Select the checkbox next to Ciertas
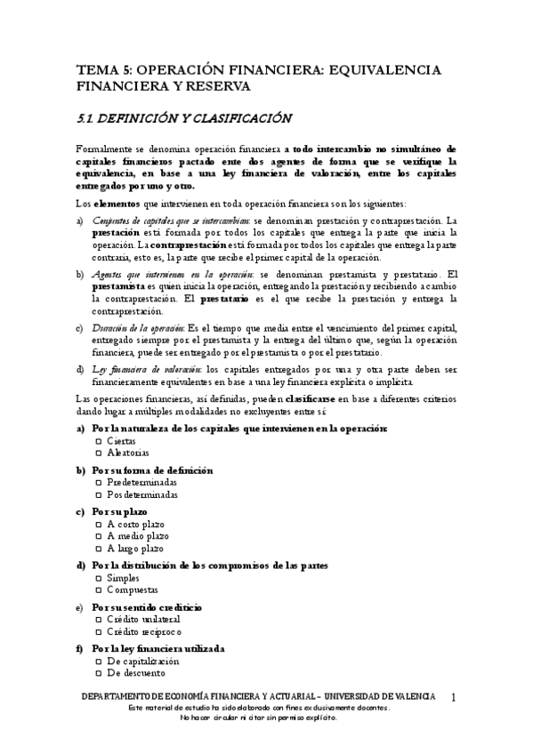click(x=98, y=441)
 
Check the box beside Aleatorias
click(x=98, y=453)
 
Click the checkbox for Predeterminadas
click(x=98, y=482)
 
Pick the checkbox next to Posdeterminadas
click(x=98, y=494)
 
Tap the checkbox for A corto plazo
click(x=98, y=525)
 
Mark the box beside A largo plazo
click(x=98, y=549)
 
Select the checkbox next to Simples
click(x=98, y=578)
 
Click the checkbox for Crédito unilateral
click(x=98, y=620)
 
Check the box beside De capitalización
click(x=98, y=662)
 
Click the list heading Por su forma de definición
click(x=151, y=469)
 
